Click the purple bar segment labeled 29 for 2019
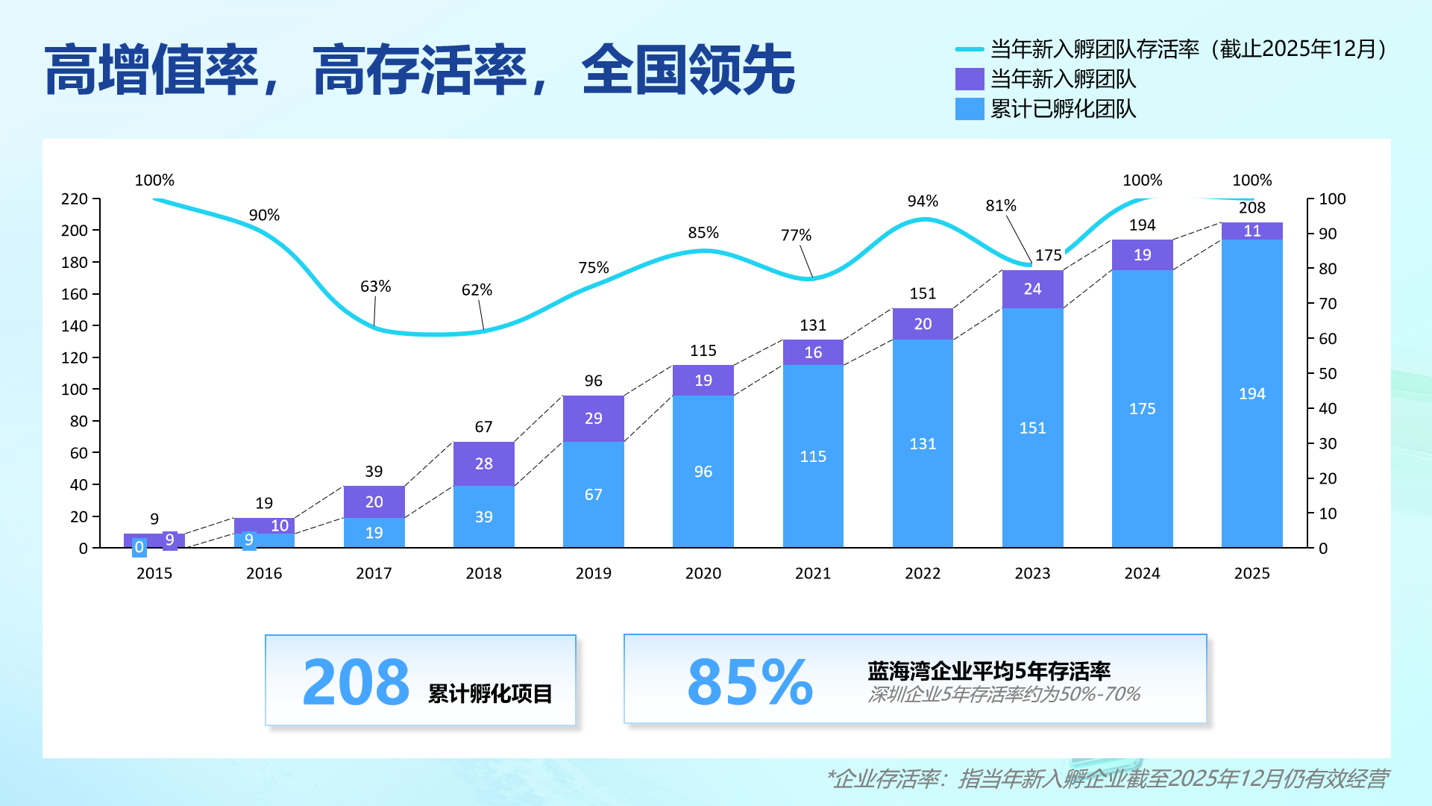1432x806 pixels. point(593,419)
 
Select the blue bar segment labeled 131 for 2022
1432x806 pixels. point(923,443)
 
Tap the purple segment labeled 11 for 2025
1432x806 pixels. point(1252,231)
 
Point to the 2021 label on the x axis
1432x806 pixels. point(813,573)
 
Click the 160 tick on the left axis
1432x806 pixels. point(75,294)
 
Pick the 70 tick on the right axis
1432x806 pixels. point(1328,304)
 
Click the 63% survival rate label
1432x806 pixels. point(375,287)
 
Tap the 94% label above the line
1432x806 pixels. point(923,201)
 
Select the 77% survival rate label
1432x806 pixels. point(796,236)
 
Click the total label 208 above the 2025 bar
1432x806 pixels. point(1252,208)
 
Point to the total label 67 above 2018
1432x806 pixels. point(483,427)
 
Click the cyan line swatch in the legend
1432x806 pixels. point(970,50)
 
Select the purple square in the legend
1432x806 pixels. point(970,79)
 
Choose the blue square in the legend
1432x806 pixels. point(970,109)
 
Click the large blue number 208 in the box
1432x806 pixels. point(356,682)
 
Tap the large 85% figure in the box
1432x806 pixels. point(750,682)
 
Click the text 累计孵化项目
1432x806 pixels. point(490,694)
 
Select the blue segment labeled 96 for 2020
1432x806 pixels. point(703,472)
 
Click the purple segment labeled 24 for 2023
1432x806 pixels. point(1032,290)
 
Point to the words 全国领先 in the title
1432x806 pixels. point(688,70)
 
